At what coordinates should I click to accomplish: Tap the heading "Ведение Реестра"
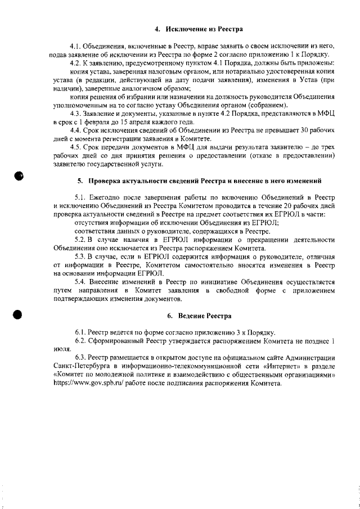[194, 316]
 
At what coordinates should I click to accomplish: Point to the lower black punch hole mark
[18, 315]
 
